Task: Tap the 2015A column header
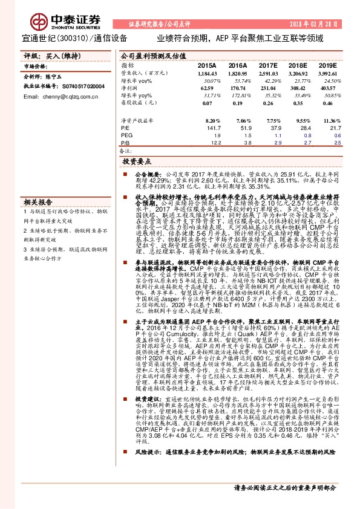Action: tap(206, 65)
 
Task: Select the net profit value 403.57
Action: tap(327, 88)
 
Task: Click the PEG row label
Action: tap(126, 137)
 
